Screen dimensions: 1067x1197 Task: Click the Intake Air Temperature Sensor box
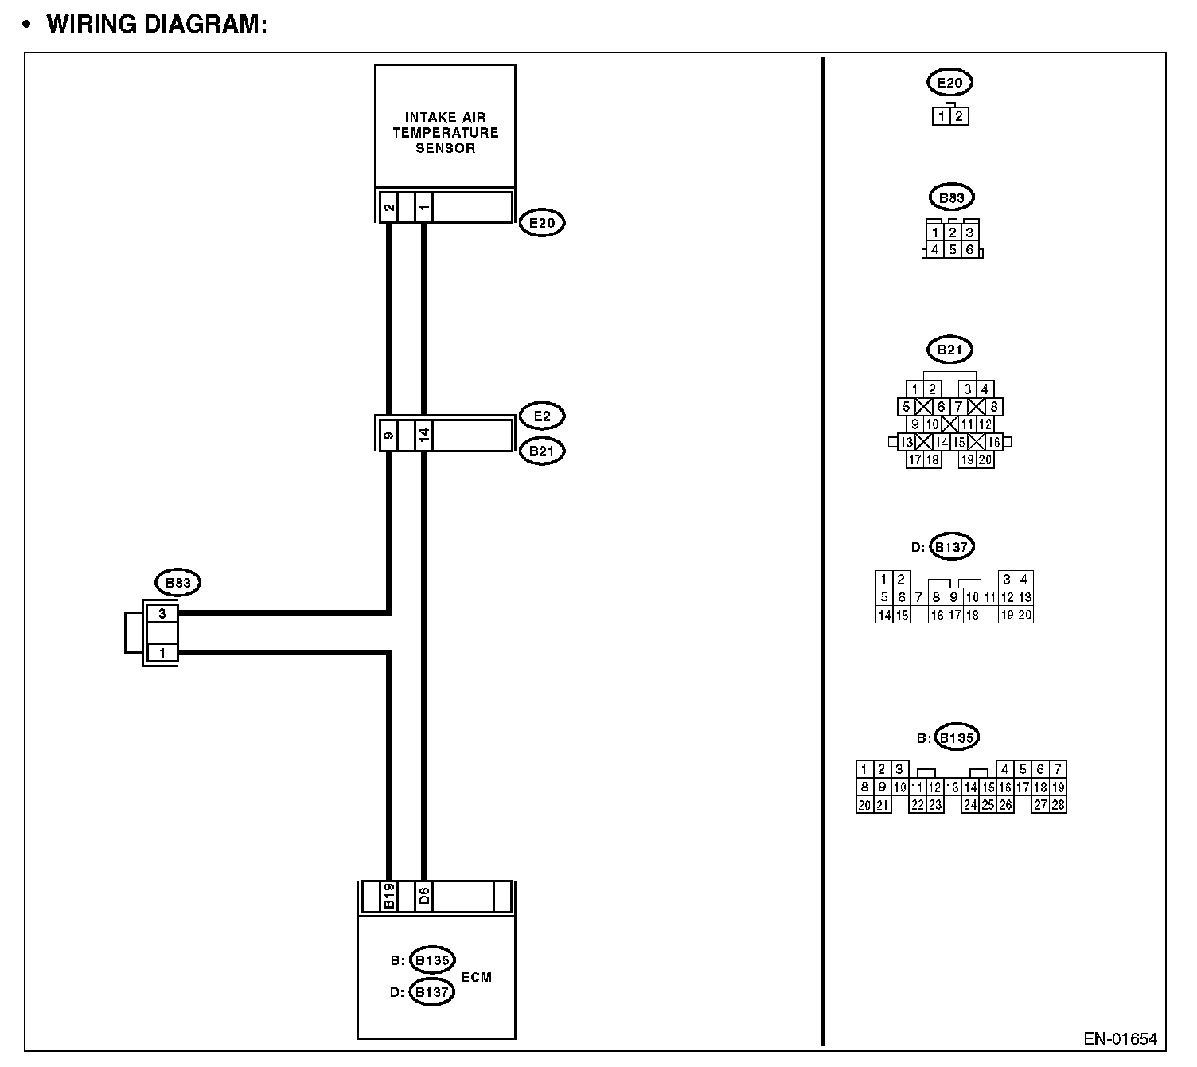point(445,127)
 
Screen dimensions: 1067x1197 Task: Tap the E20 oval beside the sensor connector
point(542,223)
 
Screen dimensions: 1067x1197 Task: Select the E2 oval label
point(542,416)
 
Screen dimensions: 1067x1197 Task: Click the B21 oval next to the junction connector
point(542,451)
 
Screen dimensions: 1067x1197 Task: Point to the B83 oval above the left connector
point(177,583)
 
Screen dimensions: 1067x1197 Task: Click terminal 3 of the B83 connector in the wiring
point(162,614)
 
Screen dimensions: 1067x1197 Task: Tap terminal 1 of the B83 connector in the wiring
point(162,653)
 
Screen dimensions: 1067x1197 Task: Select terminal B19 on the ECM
point(388,897)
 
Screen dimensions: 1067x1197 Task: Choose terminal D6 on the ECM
point(424,897)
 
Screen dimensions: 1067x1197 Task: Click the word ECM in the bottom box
point(476,977)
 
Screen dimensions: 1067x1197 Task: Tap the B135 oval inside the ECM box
point(432,960)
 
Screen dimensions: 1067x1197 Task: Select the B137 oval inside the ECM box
point(432,992)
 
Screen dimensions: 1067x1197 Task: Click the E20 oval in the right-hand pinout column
point(950,82)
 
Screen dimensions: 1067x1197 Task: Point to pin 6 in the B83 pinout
point(969,250)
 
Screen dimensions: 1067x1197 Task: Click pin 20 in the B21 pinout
point(985,459)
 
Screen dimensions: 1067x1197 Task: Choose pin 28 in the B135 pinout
point(1058,805)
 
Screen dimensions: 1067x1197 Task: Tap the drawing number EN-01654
point(1120,1039)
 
